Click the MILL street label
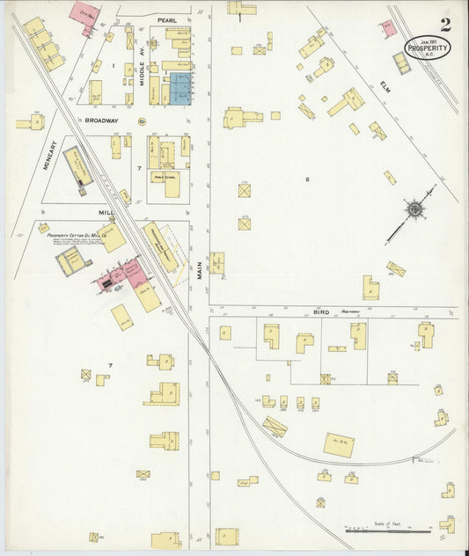point(106,212)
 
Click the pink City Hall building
point(85,15)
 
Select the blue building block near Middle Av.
point(182,90)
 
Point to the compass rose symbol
point(414,209)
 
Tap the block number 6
point(307,179)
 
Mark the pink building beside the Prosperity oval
point(388,27)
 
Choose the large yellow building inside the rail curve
point(338,443)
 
